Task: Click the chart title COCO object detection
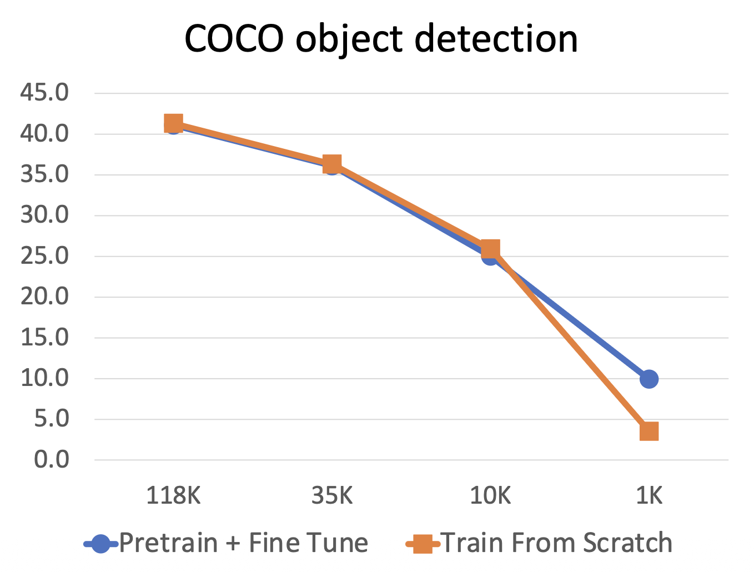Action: [x=381, y=39]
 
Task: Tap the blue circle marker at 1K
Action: [x=649, y=379]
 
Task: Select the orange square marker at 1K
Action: [x=649, y=431]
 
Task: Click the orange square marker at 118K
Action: [x=173, y=123]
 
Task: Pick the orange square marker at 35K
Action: [x=332, y=164]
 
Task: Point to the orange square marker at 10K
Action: [x=490, y=249]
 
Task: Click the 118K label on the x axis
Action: [x=173, y=495]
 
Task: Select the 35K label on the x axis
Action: [x=332, y=495]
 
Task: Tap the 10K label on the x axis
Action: [x=490, y=495]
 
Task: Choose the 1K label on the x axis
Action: [x=649, y=495]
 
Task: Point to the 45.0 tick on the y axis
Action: [x=44, y=93]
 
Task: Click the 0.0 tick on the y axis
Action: [x=51, y=460]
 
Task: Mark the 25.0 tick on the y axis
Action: [x=44, y=256]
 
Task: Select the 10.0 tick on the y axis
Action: [x=44, y=378]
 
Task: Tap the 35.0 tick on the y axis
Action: [x=44, y=174]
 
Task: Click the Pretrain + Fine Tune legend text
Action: [x=243, y=543]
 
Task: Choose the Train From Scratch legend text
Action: [x=556, y=543]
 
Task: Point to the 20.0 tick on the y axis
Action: [x=44, y=297]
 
